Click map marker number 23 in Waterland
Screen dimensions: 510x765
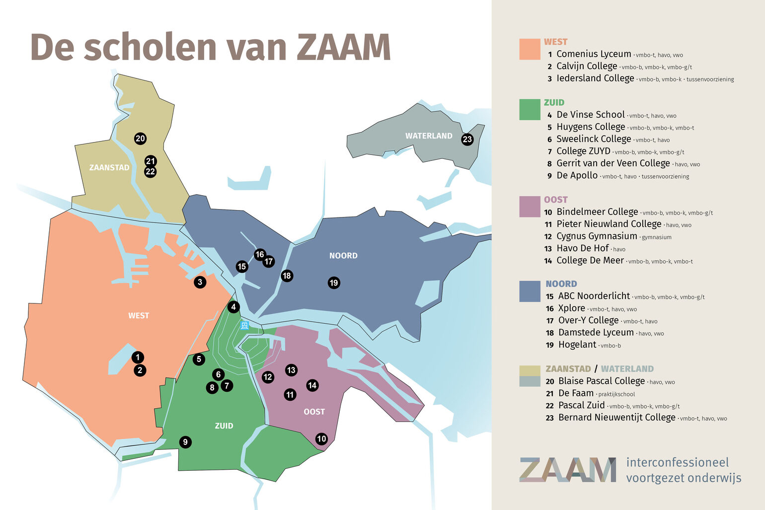[467, 139]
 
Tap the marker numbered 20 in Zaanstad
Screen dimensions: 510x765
[140, 139]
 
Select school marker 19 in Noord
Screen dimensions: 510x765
[334, 283]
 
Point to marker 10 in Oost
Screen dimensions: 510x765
[321, 438]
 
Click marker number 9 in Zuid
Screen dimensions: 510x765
[185, 442]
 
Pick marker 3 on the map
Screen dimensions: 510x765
[200, 282]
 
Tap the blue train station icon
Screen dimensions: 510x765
[244, 325]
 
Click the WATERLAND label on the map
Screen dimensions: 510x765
[429, 136]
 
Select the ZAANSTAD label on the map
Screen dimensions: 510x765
[109, 167]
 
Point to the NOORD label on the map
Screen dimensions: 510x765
[343, 256]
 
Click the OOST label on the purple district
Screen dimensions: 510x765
[314, 412]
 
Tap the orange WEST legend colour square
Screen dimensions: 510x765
[530, 49]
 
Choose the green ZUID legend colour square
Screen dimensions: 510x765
[530, 110]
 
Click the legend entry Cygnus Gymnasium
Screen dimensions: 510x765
[596, 236]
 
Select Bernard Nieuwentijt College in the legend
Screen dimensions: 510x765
[616, 418]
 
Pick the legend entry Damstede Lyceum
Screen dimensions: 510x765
[596, 333]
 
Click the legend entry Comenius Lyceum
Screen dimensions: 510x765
[593, 54]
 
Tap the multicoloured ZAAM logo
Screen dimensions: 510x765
[567, 470]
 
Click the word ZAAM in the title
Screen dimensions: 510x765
[343, 48]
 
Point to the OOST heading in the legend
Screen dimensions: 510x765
[555, 200]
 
